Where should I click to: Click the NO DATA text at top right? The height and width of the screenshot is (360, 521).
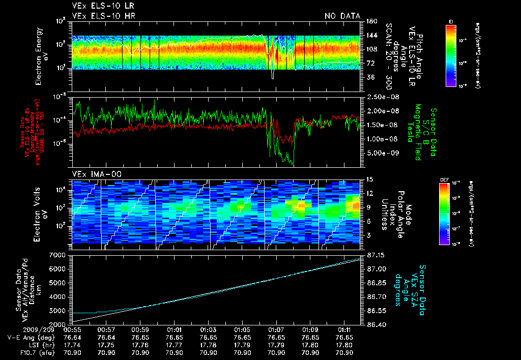point(342,16)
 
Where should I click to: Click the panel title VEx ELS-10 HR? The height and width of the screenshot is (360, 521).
point(100,16)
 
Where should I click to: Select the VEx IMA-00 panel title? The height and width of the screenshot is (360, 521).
point(93,174)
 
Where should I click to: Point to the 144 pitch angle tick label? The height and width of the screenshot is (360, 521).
point(370,36)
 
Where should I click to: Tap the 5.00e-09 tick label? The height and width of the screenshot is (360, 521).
point(383,153)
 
